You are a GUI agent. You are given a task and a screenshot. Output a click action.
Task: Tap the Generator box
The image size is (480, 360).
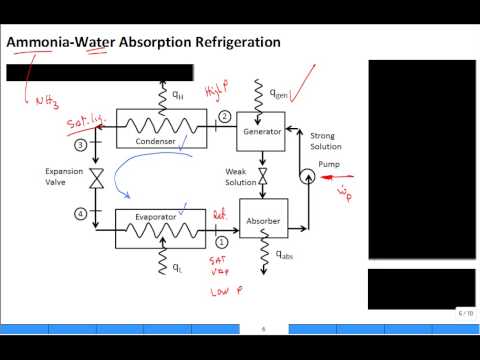(x=260, y=129)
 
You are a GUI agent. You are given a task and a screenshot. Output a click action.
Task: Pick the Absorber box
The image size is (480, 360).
(x=260, y=225)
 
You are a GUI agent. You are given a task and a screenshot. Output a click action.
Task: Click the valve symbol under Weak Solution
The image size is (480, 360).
(x=260, y=179)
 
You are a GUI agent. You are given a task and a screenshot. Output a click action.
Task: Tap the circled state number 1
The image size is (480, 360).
(x=222, y=239)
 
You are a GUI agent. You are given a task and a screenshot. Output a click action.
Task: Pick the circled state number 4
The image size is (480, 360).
(x=95, y=212)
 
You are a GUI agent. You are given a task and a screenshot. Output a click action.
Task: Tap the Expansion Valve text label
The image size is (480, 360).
(x=64, y=176)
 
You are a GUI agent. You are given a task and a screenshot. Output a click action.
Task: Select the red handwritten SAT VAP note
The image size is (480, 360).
(x=219, y=265)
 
